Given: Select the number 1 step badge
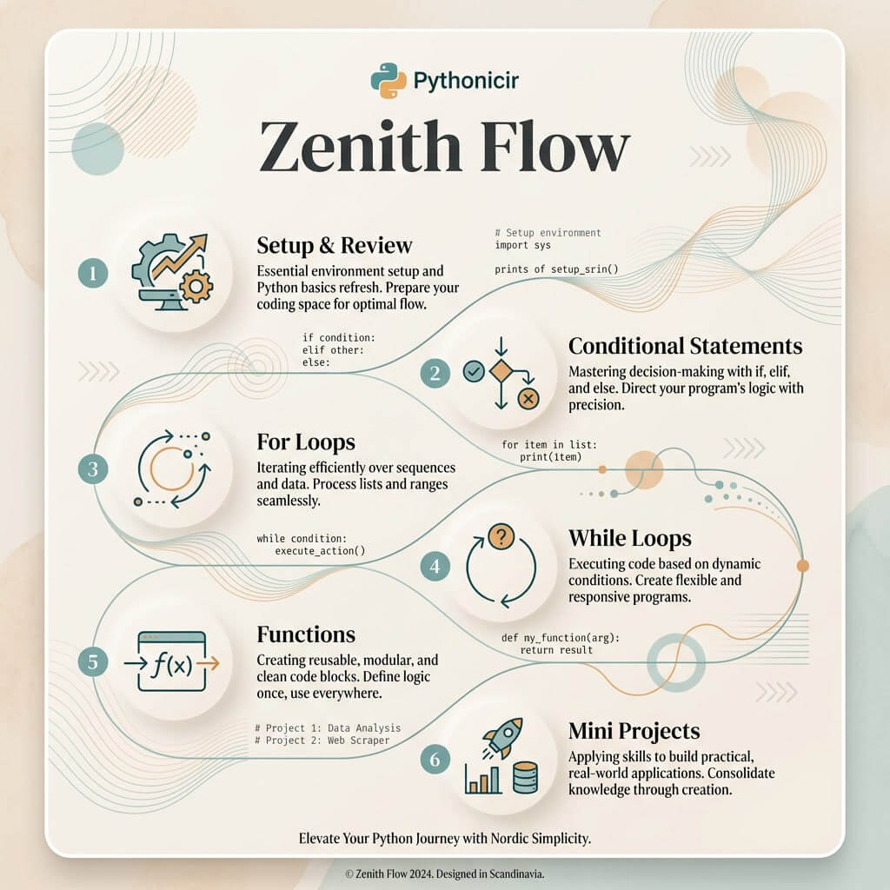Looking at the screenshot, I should pyautogui.click(x=91, y=276).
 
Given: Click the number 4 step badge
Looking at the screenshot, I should pyautogui.click(x=435, y=568).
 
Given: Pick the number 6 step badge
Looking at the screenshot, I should pyautogui.click(x=435, y=759).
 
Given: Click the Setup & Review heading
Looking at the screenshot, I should pyautogui.click(x=335, y=244).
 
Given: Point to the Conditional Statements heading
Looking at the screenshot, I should pyautogui.click(x=685, y=346).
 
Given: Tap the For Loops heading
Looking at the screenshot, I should pyautogui.click(x=306, y=441).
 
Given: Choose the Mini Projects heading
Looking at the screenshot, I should pyautogui.click(x=634, y=730).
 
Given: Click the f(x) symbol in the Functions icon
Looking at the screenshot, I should pyautogui.click(x=172, y=664).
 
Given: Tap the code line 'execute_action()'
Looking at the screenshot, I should pyautogui.click(x=320, y=551).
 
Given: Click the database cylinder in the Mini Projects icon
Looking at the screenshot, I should pyautogui.click(x=526, y=778).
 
